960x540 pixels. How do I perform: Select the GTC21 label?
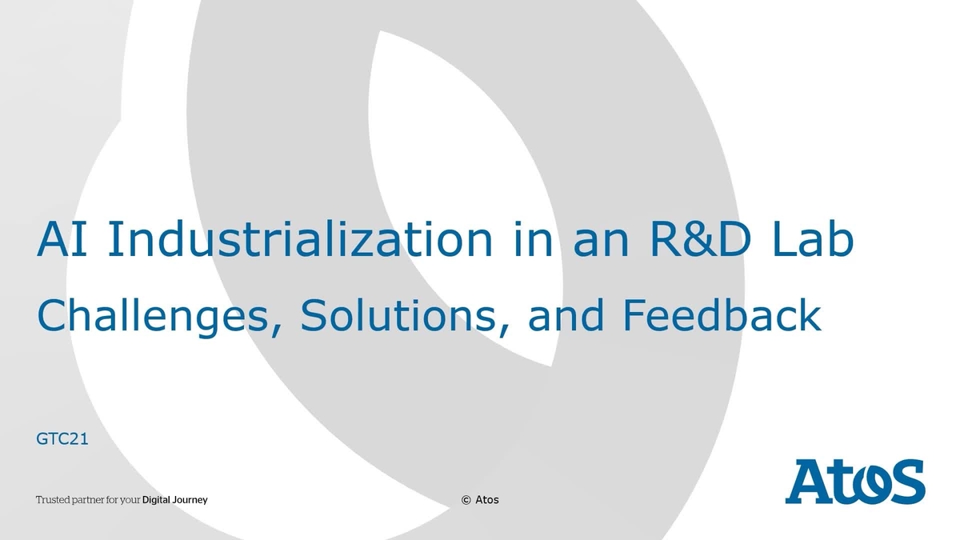pyautogui.click(x=62, y=439)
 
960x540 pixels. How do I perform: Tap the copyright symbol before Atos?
pyautogui.click(x=466, y=500)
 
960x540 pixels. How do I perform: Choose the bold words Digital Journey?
pyautogui.click(x=174, y=500)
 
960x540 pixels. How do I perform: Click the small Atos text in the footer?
pyautogui.click(x=487, y=500)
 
